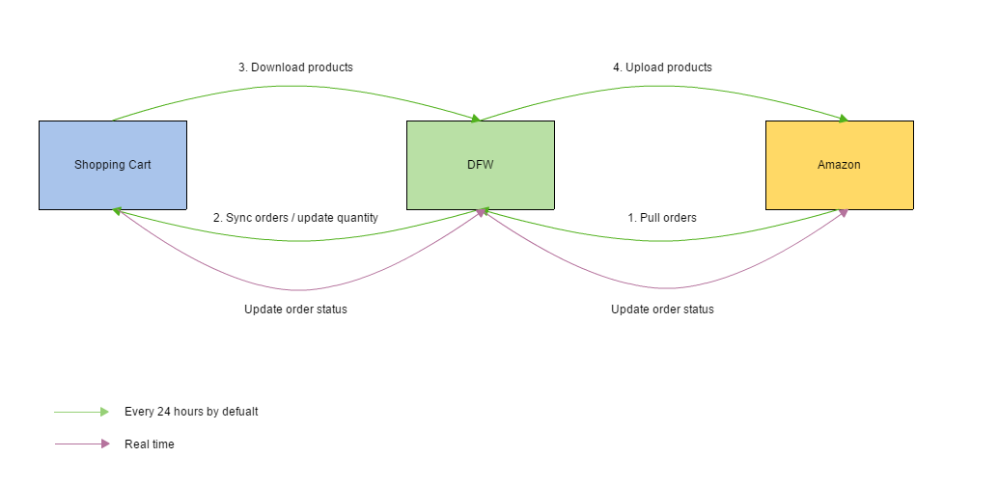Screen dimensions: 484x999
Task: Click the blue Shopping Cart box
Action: point(113,165)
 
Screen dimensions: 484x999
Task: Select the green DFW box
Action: point(480,165)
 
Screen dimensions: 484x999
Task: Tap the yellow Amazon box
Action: point(839,165)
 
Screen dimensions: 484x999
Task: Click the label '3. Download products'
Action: point(295,67)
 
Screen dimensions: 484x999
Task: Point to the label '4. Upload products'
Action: point(662,67)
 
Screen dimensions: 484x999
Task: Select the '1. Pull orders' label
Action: point(662,218)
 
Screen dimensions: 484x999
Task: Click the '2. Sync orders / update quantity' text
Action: point(295,218)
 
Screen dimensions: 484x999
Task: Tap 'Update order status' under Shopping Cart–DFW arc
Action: point(295,309)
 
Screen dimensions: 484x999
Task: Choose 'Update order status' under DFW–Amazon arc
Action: point(662,309)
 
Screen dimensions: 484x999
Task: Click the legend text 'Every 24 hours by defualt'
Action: point(191,412)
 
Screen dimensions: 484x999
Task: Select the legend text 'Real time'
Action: point(150,444)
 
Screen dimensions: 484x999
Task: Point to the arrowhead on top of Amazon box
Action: point(842,119)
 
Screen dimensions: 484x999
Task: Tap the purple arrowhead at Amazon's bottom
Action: point(843,212)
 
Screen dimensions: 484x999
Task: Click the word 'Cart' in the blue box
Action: point(140,165)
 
